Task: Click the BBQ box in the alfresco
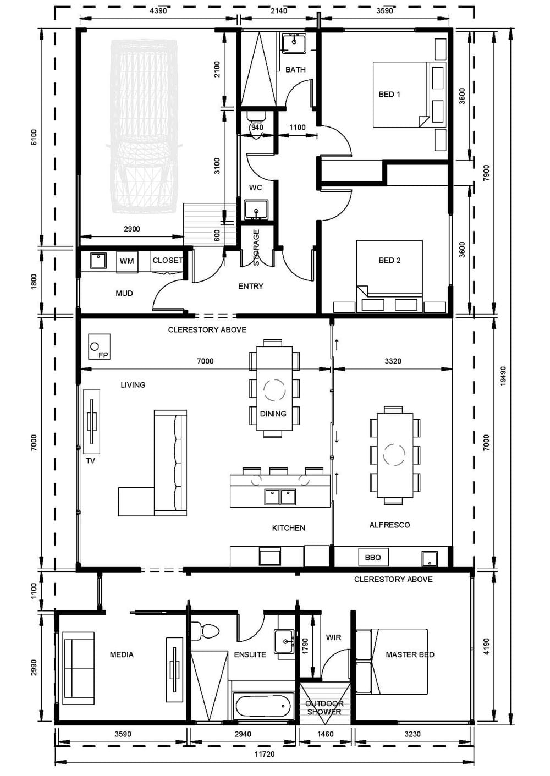tap(373, 558)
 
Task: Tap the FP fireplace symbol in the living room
tap(100, 346)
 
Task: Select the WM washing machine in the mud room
tap(127, 262)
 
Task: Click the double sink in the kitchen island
tap(280, 497)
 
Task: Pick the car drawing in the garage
tap(144, 126)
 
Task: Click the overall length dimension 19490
tap(503, 376)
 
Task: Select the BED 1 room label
tap(389, 94)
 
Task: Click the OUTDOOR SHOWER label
tap(324, 708)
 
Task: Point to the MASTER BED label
tap(410, 654)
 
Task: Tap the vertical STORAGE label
tap(256, 247)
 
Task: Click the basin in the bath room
tap(294, 43)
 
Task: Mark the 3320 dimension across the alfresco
tap(393, 361)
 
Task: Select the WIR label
tap(333, 637)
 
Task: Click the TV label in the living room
tap(90, 460)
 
